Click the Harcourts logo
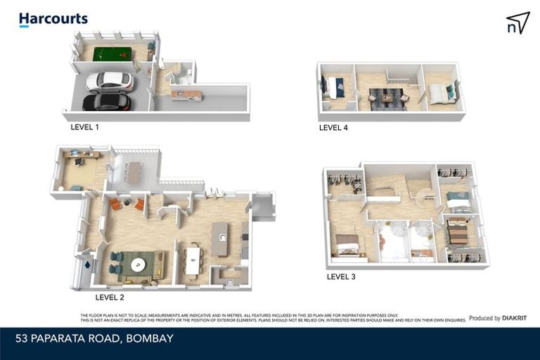[x=53, y=20]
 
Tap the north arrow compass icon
[x=517, y=22]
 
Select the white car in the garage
[x=109, y=82]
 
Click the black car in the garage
[x=107, y=103]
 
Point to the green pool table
[x=113, y=53]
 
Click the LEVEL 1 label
[x=84, y=127]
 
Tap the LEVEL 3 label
[x=341, y=276]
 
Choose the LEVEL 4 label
[x=333, y=128]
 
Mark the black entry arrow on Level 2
[x=87, y=264]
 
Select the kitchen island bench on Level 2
[x=220, y=239]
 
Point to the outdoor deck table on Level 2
[x=134, y=173]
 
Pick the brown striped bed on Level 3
[x=458, y=232]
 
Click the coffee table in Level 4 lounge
[x=387, y=98]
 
